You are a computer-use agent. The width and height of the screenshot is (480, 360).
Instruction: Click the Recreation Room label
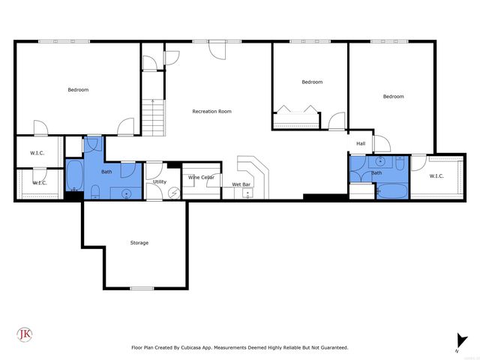211,111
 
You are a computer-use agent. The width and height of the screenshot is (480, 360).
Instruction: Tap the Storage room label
139,242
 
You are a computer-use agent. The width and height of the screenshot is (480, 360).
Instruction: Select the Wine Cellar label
201,177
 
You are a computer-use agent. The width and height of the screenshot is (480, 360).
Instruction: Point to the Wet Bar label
241,184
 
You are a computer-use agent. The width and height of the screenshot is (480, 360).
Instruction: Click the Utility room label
159,181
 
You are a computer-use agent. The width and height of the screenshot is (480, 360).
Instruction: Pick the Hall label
361,143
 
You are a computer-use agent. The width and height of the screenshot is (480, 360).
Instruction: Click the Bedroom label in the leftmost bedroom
78,90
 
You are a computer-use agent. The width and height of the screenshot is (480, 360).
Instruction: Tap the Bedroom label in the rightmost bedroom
393,96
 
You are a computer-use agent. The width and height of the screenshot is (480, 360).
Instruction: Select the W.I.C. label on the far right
436,175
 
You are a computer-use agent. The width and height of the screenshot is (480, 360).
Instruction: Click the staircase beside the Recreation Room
153,116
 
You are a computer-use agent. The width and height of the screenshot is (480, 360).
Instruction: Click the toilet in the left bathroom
94,192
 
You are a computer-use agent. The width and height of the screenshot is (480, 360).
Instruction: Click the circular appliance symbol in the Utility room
175,191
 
